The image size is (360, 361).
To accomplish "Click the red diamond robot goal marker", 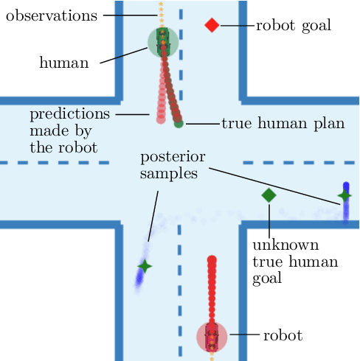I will pos(212,26).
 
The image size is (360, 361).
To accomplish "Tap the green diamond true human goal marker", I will pos(269,195).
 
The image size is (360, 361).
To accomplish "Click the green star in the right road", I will pos(344,195).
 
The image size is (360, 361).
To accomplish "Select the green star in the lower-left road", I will pos(145,267).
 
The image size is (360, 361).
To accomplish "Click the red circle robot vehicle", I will pos(212,336).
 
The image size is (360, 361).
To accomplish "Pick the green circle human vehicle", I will pos(163,43).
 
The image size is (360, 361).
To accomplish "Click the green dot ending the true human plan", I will pos(179,124).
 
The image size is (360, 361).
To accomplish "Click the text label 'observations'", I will pos(50,15).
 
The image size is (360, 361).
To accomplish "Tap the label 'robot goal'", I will pos(293,26).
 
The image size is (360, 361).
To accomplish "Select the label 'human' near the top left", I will pos(63,63).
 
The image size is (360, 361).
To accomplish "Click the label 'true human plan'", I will pos(283,124).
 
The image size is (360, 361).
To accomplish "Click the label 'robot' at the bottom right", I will pos(283,336).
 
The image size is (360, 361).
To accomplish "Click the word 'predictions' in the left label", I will pos(69,115).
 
